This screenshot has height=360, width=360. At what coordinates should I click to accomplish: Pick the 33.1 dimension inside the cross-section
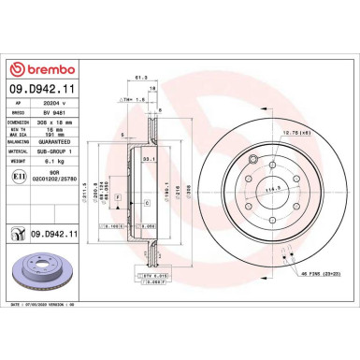148,160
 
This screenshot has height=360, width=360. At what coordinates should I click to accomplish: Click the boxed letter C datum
147,202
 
